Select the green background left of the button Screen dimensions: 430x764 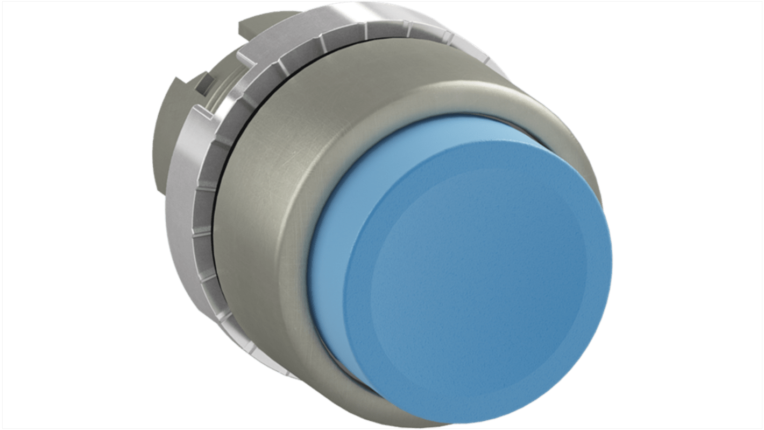pos(81,216)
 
